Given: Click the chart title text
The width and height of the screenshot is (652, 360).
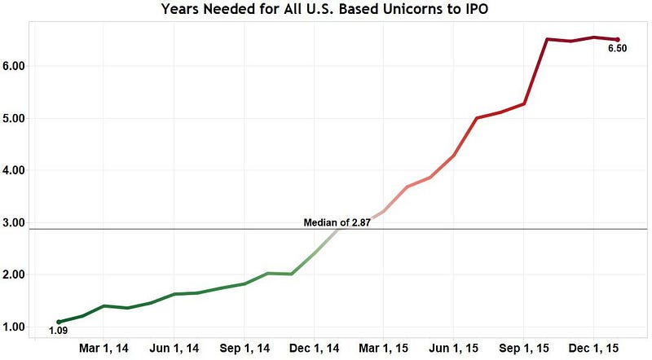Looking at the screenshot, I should (x=325, y=10).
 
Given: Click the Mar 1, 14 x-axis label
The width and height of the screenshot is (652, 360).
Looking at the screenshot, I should (x=104, y=348).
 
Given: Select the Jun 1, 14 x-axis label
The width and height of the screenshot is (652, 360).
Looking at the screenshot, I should (x=174, y=348).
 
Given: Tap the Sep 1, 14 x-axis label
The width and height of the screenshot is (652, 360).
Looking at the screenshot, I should (x=244, y=348).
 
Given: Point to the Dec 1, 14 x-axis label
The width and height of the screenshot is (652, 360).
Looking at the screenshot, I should (x=315, y=348).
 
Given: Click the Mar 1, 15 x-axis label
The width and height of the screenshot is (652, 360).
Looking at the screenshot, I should (x=384, y=348).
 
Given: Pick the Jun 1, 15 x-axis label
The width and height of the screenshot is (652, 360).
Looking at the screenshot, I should (x=454, y=348).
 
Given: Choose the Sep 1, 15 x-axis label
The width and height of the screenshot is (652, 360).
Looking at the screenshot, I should (x=525, y=348).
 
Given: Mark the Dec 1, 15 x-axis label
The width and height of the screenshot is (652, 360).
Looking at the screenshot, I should (x=594, y=348).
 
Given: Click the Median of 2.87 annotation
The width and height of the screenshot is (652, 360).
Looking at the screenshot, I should (x=337, y=222).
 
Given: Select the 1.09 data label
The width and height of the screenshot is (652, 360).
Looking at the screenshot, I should (x=58, y=331).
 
